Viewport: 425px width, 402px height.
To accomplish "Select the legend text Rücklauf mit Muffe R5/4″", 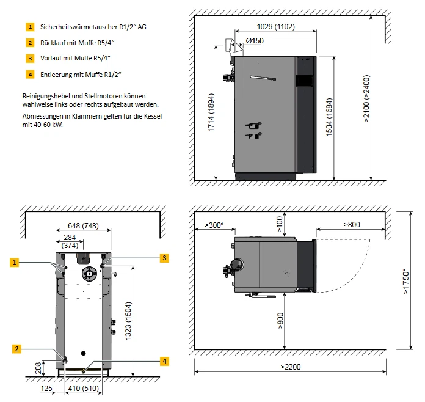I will pos(78,43).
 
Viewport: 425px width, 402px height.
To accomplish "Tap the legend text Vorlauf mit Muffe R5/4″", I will pos(76,59).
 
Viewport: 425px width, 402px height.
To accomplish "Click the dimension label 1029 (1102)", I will pos(275,26).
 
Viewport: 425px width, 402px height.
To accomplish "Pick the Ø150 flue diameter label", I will pos(255,41).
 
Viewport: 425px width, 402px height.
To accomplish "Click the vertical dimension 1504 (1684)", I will pos(329,119).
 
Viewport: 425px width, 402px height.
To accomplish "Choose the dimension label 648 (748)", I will pos(83,224).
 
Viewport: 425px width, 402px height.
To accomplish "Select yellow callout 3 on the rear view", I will pos(164,258).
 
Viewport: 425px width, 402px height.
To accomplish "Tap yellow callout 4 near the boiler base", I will pos(164,361).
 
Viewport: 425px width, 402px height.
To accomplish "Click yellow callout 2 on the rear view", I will pos(17,349).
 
